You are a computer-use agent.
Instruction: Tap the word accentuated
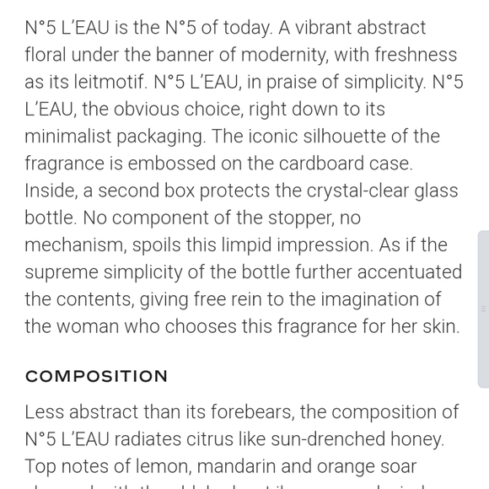(404, 272)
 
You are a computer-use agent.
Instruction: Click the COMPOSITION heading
(96, 376)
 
